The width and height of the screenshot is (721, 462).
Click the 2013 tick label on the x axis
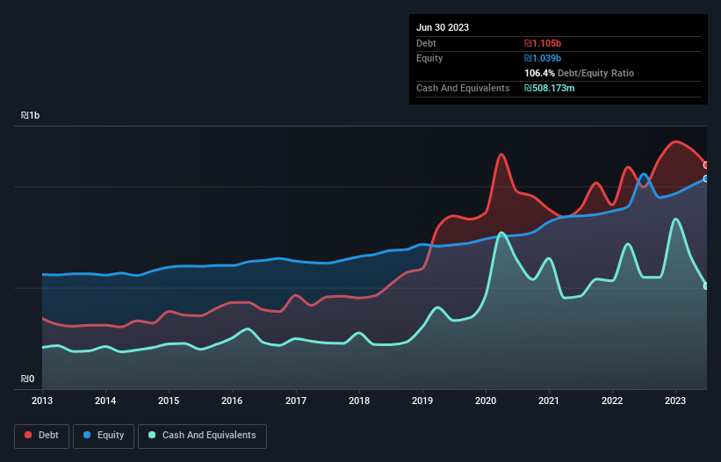(x=42, y=401)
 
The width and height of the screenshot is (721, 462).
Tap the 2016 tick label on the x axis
(x=233, y=401)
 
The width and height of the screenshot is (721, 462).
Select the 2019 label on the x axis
(x=423, y=401)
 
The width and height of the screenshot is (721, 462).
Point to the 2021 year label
(x=550, y=401)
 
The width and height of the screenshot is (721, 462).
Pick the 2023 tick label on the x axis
(x=676, y=401)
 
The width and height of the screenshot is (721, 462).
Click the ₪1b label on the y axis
(x=31, y=116)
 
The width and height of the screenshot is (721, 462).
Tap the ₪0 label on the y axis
(x=28, y=379)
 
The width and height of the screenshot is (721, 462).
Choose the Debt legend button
(x=41, y=435)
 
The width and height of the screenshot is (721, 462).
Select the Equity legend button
(x=104, y=435)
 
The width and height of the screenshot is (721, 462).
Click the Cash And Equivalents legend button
(x=202, y=435)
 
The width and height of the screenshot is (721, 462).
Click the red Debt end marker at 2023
(x=706, y=165)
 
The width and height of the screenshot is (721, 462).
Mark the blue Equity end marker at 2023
(x=706, y=178)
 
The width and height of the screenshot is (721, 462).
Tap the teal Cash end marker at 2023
(x=706, y=285)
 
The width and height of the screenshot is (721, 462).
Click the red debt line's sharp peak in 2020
(x=501, y=155)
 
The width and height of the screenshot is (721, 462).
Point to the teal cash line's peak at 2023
(x=675, y=219)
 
